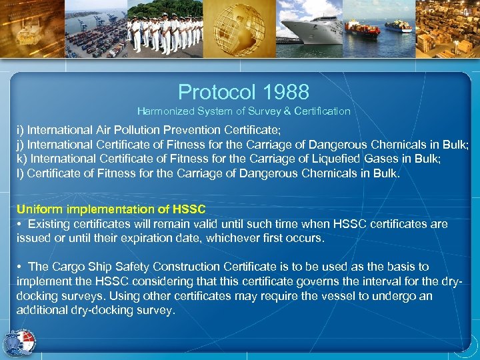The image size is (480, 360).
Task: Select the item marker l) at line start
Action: coord(20,174)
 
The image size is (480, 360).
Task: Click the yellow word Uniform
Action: coord(37,209)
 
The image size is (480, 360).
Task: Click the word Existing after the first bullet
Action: coord(49,224)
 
